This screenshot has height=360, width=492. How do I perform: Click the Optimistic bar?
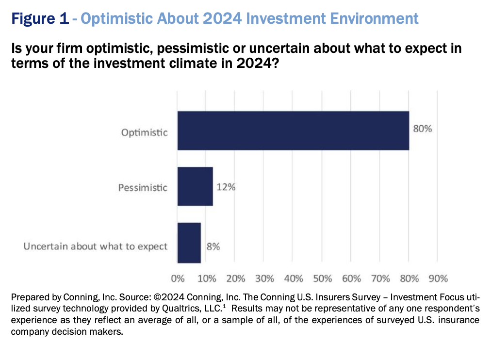pos(293,131)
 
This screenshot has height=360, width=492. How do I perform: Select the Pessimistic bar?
pos(195,186)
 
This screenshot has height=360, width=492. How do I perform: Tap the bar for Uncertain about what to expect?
pos(189,242)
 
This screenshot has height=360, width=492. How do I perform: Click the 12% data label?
pos(226,187)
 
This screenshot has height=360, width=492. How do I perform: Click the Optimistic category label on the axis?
pos(145,132)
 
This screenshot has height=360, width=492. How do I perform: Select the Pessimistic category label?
pos(143,187)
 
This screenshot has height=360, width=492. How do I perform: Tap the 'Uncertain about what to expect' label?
pos(96,246)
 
